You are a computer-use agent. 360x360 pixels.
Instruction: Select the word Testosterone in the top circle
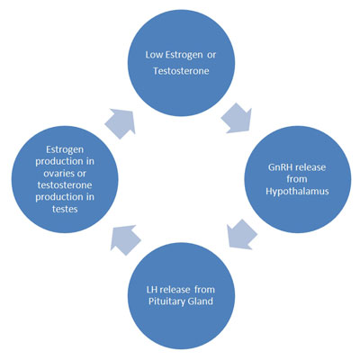pos(181,71)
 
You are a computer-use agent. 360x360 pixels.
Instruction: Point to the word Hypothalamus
pos(297,191)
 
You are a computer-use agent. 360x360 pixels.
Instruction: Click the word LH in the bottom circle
pos(151,290)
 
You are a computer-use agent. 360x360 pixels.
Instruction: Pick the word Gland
pos(200,301)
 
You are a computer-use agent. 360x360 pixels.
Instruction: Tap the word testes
pos(65,209)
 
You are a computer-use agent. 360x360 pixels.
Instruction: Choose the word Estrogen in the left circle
pos(65,150)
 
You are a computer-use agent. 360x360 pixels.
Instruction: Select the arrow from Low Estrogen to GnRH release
pos(237,118)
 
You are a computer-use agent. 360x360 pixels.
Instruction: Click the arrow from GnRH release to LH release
pos(242,234)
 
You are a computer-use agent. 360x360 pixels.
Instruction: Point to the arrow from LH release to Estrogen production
pos(125,240)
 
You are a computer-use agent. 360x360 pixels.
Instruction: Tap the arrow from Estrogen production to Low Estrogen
pos(120,124)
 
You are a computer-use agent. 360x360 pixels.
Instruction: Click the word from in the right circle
pos(297,179)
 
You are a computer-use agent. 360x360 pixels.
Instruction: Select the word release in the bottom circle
pos(175,290)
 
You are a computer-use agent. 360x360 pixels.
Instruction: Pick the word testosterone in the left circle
pos(65,185)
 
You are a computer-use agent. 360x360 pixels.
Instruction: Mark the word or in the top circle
pos(211,56)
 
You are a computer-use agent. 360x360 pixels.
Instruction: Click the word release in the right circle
pos(310,167)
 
